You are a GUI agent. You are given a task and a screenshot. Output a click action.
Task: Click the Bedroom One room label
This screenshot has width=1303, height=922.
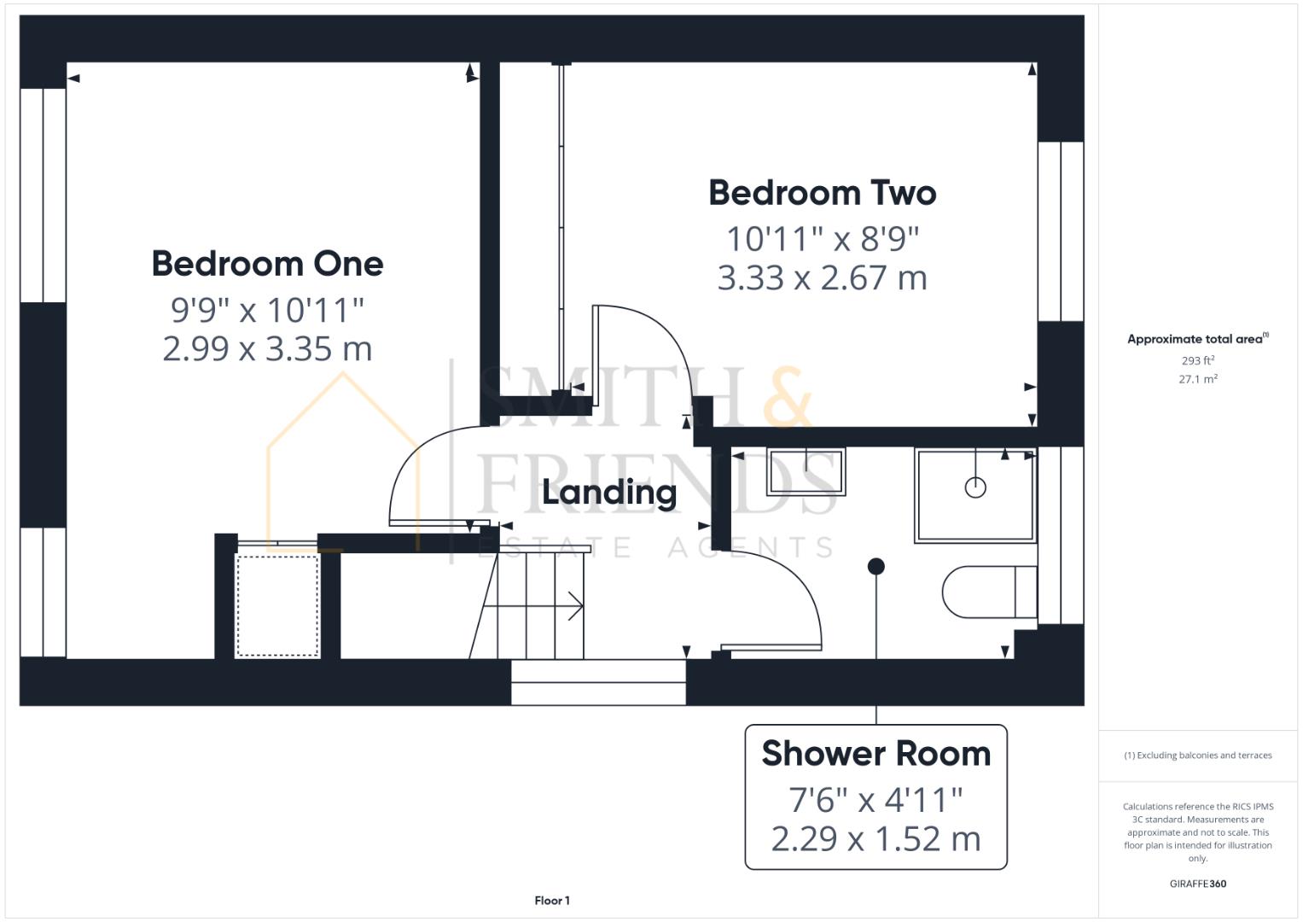pos(267,263)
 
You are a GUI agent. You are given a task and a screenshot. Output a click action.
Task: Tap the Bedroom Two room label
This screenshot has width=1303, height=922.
pos(822,193)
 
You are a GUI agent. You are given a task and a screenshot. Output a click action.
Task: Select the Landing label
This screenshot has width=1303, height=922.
pos(609,493)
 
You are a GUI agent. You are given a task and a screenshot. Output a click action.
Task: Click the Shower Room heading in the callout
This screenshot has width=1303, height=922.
pos(875,754)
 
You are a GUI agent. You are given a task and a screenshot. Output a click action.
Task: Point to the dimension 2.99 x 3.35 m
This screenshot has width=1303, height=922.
pos(267,348)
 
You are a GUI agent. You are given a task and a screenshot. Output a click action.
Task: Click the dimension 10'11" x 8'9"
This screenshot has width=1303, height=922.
pos(822,239)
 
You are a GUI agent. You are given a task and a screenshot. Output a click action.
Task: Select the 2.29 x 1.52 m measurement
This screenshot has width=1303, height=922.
pos(875,838)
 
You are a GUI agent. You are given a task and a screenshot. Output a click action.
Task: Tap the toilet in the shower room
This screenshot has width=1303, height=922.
pos(988,592)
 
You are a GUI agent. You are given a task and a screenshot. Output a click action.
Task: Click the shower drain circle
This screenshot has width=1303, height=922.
pos(975,487)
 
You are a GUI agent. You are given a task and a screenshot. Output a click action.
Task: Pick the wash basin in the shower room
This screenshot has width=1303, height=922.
pos(806,472)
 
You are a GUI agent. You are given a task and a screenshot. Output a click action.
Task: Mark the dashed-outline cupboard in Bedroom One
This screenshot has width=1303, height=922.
pos(276,604)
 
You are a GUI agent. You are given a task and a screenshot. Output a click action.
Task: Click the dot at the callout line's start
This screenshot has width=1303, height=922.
pos(875,566)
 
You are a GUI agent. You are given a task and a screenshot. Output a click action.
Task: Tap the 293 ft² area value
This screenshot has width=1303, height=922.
pos(1197,361)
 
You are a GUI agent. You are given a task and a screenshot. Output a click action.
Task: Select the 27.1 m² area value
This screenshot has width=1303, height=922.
pos(1197,379)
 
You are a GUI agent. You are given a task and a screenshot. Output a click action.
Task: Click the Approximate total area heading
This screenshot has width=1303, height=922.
pos(1196,339)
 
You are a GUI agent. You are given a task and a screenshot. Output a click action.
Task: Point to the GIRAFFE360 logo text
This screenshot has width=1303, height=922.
pos(1197,884)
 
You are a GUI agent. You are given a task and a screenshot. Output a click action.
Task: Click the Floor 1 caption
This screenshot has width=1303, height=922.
pos(552,900)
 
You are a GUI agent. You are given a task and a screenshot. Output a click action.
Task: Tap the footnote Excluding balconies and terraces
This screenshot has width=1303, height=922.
pos(1197,756)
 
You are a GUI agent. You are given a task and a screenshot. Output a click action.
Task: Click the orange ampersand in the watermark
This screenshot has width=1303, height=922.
pos(785,397)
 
